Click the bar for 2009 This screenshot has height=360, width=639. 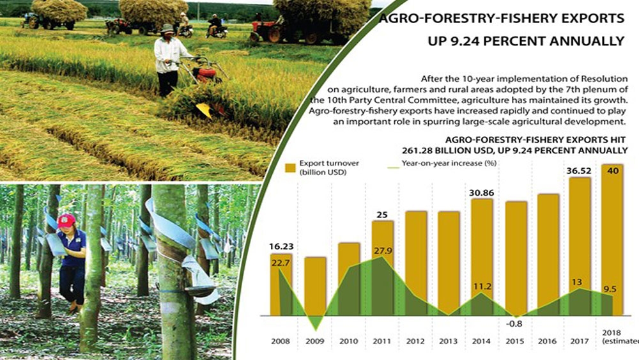tap(316, 286)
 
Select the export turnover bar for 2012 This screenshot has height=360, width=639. tap(416, 263)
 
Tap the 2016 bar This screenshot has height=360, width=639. tap(548, 254)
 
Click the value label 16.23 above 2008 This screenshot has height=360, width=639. tap(281, 247)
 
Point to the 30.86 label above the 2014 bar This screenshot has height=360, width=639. tap(481, 192)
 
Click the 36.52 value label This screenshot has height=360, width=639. tap(579, 171)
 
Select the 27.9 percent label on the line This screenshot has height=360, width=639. tap(382, 251)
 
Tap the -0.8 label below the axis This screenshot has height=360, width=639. tap(514, 324)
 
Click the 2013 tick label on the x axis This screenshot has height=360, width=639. tap(449, 341)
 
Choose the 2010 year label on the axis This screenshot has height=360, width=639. tap(348, 341)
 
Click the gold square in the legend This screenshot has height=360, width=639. tap(290, 168)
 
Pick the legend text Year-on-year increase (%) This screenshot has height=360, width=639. tap(449, 163)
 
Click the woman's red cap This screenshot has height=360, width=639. tap(66, 221)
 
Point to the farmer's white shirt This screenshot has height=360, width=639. tap(169, 55)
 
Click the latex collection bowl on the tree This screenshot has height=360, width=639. tap(199, 290)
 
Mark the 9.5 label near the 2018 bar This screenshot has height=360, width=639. tap(610, 290)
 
